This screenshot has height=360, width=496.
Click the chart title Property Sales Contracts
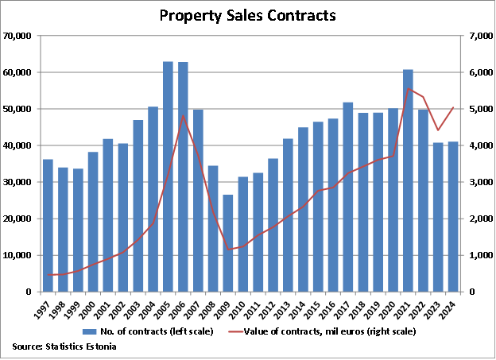[x=247, y=15]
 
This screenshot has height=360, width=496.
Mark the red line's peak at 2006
[x=183, y=115]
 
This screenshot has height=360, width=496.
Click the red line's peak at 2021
[x=408, y=88]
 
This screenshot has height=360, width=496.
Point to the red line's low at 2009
[x=228, y=250]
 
